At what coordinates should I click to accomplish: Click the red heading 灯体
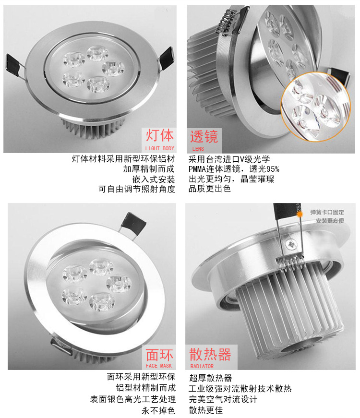[x=159, y=135]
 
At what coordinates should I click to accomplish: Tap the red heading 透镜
[x=204, y=136]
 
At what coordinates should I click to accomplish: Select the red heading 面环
[x=159, y=355]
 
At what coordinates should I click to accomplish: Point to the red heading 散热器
[x=210, y=354]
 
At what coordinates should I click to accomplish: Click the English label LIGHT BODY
[x=159, y=148]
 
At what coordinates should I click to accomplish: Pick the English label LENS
[x=198, y=149]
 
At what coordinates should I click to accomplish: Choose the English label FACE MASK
[x=159, y=366]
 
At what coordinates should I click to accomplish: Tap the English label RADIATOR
[x=202, y=366]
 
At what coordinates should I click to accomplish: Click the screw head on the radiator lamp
[x=290, y=244]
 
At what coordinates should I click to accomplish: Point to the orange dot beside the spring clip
[x=300, y=214]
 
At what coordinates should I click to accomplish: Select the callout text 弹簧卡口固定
[x=327, y=212]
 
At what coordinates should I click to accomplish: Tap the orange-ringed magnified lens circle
[x=316, y=107]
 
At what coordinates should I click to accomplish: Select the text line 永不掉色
[x=158, y=410]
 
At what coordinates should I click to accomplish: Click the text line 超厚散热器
[x=211, y=378]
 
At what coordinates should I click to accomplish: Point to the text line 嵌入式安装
[x=154, y=179]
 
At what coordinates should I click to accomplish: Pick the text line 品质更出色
[x=210, y=189]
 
